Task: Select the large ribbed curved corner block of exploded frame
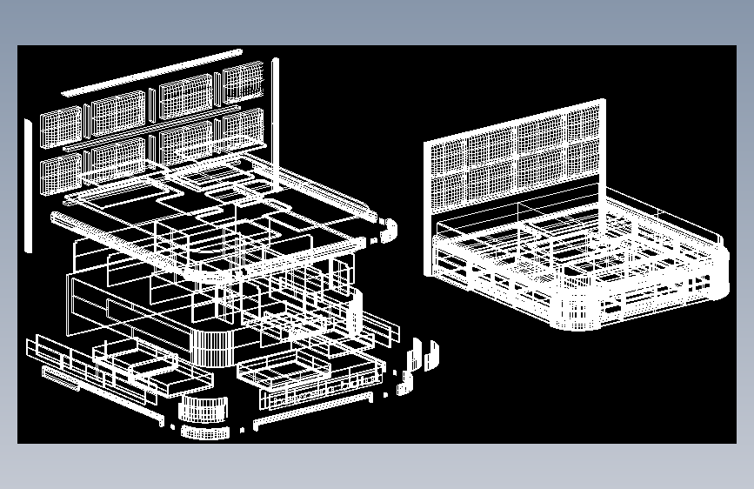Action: (x=212, y=347)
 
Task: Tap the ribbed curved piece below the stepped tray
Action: (x=203, y=408)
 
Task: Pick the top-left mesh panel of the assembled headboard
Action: (x=452, y=157)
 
